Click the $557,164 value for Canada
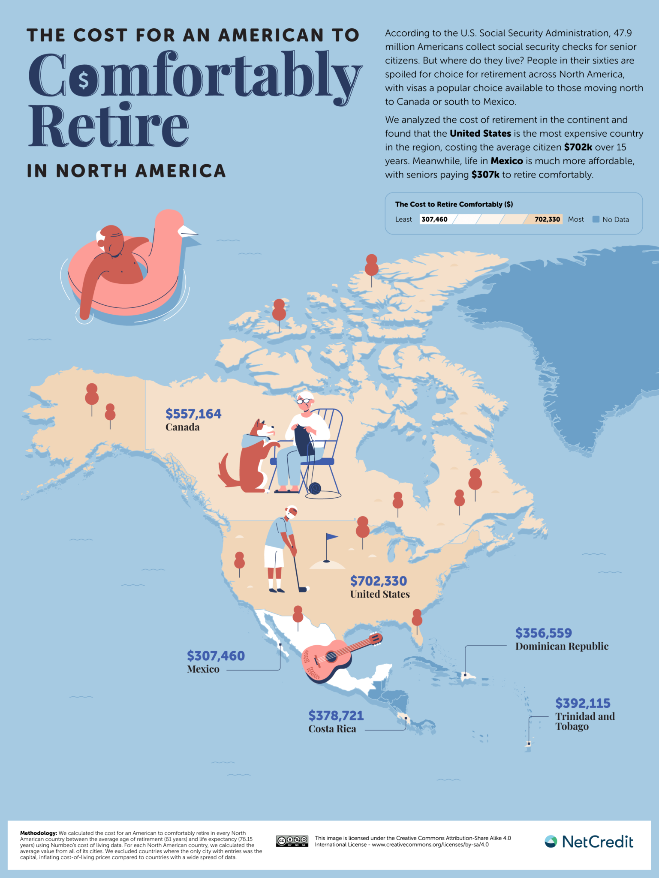coord(193,414)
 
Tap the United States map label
coord(379,594)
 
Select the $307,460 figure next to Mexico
coord(216,655)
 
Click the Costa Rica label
coord(332,729)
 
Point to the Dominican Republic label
coord(562,646)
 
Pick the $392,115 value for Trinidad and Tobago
coord(583,703)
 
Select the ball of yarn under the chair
coord(315,488)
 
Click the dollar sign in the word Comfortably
coord(83,79)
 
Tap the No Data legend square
coord(596,219)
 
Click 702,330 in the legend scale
coord(547,219)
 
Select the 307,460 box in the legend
coord(434,219)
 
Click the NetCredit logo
coord(589,842)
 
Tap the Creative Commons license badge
coord(292,841)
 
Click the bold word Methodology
coord(38,833)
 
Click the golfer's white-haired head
coord(292,511)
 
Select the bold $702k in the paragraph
coord(578,147)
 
